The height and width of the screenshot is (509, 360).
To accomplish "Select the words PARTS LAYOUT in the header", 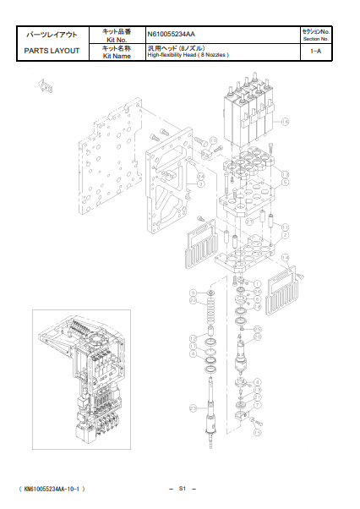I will pyautogui.click(x=52, y=51).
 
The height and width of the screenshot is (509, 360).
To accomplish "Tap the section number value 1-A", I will pyautogui.click(x=314, y=52).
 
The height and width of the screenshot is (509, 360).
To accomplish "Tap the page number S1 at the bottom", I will pyautogui.click(x=182, y=489).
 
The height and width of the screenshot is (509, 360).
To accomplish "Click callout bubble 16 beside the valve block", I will pyautogui.click(x=285, y=122).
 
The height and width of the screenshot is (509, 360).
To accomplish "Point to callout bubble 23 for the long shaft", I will pyautogui.click(x=193, y=408).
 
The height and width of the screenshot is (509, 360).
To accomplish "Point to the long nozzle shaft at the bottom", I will pyautogui.click(x=209, y=414).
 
